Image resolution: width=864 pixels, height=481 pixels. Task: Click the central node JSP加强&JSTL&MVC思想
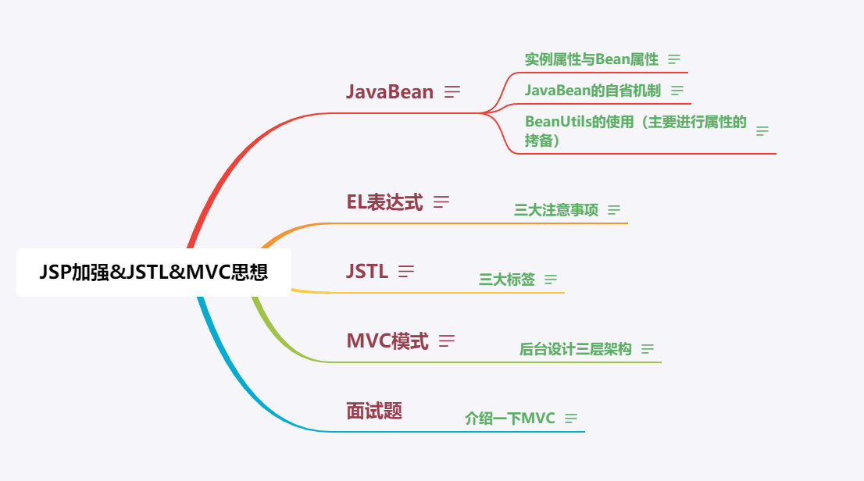coord(153,273)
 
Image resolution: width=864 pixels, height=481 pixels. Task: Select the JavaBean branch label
coord(389,91)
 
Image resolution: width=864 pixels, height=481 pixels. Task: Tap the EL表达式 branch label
coord(384,202)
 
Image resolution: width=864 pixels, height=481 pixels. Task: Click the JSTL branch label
coord(366,272)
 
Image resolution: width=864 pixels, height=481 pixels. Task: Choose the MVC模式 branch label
coord(387,341)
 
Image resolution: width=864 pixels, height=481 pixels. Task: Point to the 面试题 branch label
coord(374,411)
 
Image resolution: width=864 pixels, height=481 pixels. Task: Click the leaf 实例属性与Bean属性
coord(591,59)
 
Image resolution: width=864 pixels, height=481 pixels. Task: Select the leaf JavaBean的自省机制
coord(593,91)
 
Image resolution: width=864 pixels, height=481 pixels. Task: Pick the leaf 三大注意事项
coord(556,210)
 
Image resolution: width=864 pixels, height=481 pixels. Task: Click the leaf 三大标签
coord(507,280)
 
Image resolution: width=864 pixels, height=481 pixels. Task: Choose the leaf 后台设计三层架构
coord(576,349)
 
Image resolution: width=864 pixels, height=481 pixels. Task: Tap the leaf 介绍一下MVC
coord(510,419)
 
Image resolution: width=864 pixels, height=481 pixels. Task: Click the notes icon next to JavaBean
coord(452,92)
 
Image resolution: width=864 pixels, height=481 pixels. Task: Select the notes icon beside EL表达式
coord(441,202)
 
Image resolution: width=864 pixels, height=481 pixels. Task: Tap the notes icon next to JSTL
coord(406,272)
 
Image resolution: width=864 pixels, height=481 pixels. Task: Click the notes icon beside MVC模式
coord(447,341)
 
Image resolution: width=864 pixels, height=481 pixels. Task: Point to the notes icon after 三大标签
coord(551,280)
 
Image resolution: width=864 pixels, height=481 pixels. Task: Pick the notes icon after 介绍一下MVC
coord(571,419)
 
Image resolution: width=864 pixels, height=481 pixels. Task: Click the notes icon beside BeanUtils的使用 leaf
coord(762,131)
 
